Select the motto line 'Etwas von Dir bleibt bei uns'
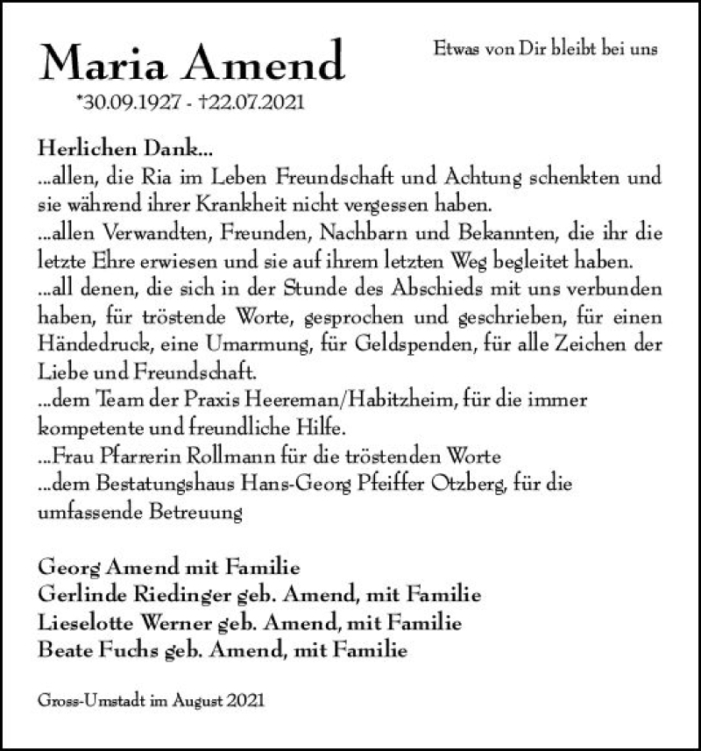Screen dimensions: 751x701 point(545,50)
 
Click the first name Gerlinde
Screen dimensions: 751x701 point(75,595)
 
